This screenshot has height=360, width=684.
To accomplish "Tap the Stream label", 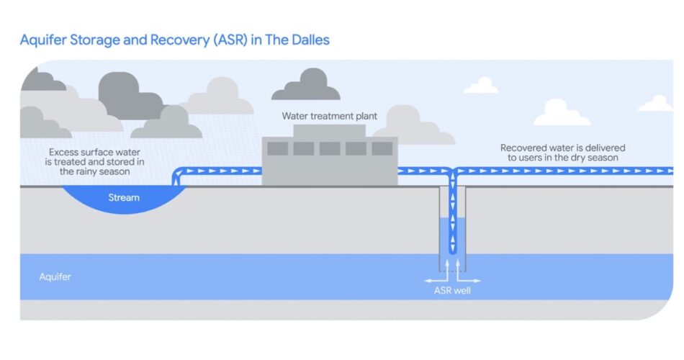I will (124, 197).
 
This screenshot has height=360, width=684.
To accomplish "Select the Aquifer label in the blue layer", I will (55, 276).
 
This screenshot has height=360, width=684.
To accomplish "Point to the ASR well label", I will (451, 291).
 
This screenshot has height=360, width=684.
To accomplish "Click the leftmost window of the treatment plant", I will (278, 149).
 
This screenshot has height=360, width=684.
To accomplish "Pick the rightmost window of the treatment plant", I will (382, 149).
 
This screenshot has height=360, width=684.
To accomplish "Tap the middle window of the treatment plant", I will (330, 149).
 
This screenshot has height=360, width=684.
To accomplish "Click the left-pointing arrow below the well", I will (432, 279).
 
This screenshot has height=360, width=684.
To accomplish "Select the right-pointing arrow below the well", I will (471, 279).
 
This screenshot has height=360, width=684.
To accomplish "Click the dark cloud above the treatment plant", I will (305, 86).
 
